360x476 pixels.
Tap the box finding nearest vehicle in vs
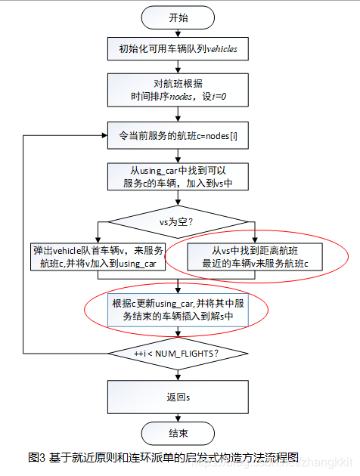(x=255, y=257)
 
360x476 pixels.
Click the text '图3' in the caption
(x=36, y=458)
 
